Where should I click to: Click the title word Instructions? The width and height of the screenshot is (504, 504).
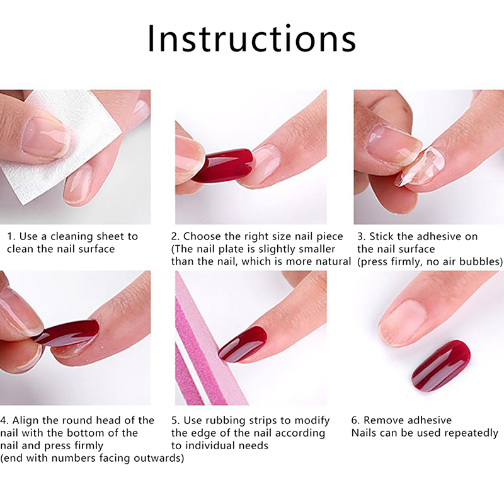tap(251, 38)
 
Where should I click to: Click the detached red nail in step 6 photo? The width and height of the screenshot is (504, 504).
tap(441, 366)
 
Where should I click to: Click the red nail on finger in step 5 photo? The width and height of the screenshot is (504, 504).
tap(243, 345)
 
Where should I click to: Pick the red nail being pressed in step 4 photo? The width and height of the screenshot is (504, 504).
tap(66, 336)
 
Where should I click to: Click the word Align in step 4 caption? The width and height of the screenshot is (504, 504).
tap(25, 420)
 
